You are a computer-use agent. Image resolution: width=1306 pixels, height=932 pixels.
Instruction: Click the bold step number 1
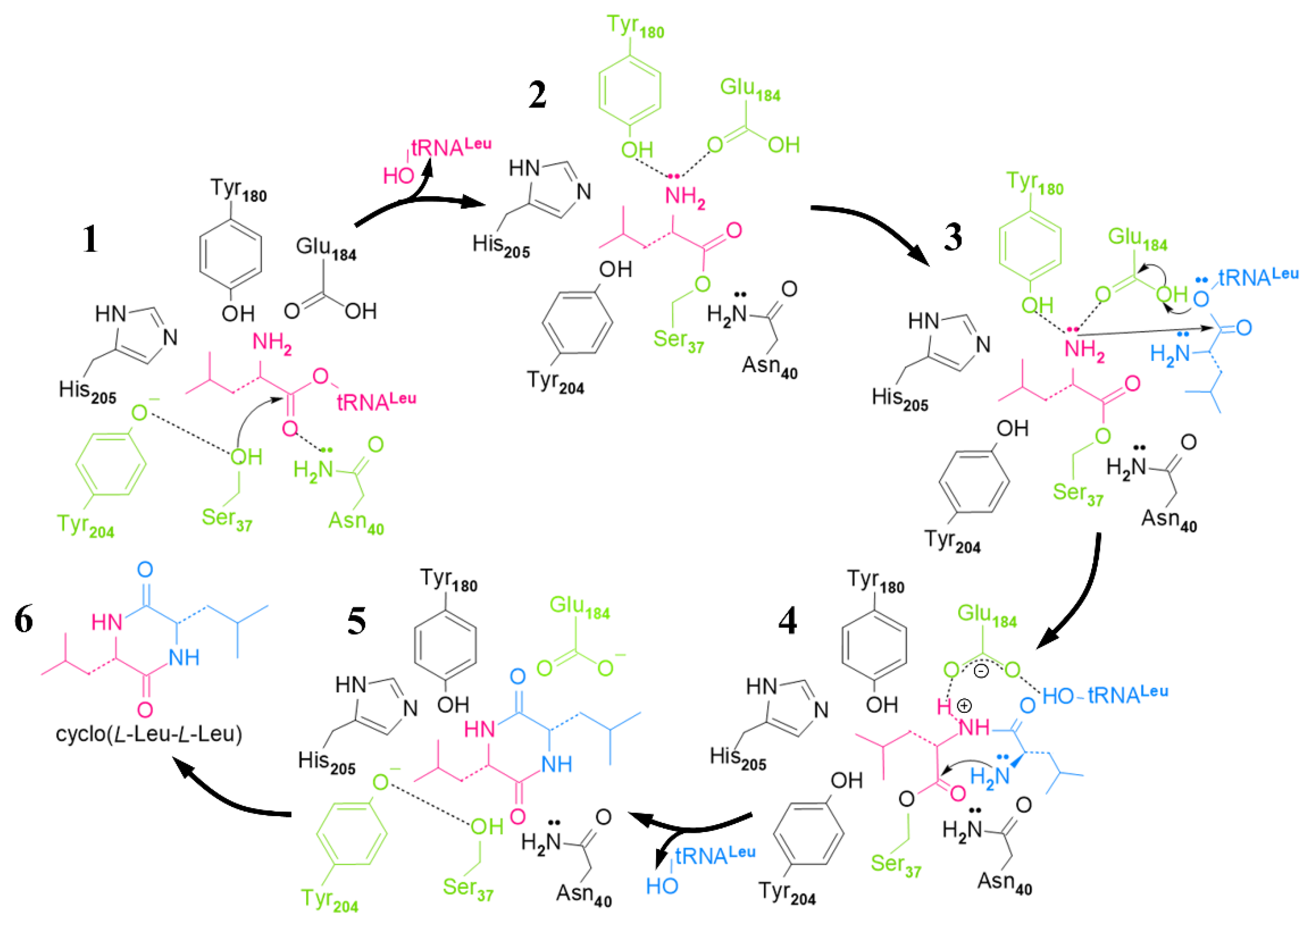90,239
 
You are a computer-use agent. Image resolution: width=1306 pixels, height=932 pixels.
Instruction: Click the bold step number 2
537,95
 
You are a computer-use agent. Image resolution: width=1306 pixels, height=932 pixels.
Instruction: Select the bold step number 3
953,237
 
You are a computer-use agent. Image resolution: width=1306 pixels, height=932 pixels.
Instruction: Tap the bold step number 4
787,621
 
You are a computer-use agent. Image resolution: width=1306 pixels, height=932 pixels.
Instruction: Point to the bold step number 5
356,621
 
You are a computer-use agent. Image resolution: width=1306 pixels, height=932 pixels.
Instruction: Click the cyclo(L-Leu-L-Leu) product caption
149,734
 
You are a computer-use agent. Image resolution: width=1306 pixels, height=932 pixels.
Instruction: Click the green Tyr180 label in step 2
634,26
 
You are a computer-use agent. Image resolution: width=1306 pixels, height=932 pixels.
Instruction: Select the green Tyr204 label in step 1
85,525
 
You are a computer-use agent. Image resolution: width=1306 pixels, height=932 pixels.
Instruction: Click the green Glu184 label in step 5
579,607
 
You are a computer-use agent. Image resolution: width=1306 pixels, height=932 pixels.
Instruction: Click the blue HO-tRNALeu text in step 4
1105,695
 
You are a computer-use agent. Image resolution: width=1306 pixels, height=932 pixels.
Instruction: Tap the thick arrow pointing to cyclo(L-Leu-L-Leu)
230,795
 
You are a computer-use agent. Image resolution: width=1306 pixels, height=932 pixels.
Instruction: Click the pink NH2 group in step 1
272,343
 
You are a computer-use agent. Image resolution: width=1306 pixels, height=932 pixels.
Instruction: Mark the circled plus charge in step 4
964,705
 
